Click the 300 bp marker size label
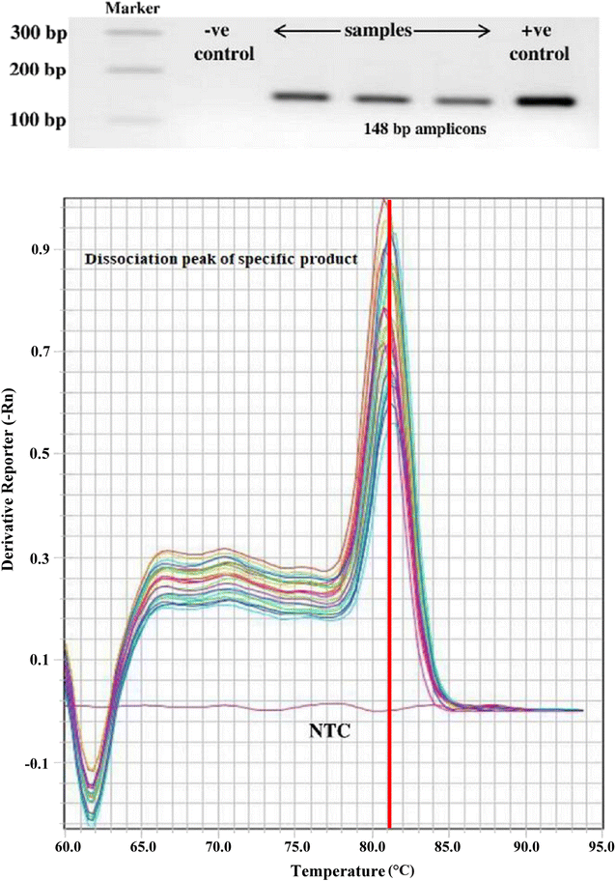point(38,32)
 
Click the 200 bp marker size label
point(38,71)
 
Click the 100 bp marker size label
point(38,121)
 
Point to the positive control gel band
point(546,100)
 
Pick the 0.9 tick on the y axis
point(42,248)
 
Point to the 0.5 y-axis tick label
point(42,454)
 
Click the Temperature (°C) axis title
point(333,870)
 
